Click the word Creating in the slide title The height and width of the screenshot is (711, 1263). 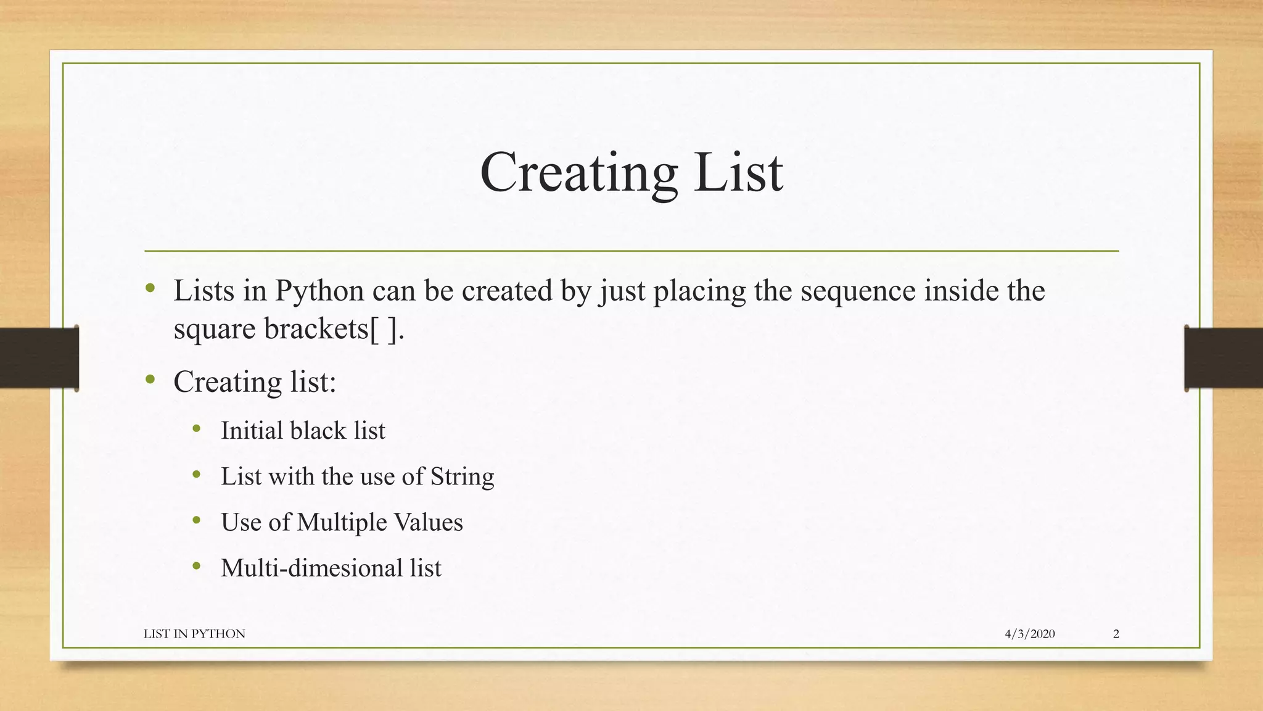(578, 173)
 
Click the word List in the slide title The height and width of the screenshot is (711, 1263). (738, 173)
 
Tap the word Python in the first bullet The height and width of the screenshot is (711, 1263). (319, 291)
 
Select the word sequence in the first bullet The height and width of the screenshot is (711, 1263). (858, 291)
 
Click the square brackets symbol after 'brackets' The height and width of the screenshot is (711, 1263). (384, 329)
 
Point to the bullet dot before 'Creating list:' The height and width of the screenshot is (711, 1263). (150, 380)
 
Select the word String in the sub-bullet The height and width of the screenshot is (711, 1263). (462, 476)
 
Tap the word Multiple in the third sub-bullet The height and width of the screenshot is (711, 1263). (341, 522)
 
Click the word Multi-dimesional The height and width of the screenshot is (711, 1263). (311, 568)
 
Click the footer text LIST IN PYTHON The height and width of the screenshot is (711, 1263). (194, 634)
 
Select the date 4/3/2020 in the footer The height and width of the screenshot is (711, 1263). (1029, 634)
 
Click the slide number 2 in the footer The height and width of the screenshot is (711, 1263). (1116, 634)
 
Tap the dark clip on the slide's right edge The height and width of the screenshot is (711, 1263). (1223, 358)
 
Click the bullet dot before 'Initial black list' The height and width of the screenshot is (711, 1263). (197, 429)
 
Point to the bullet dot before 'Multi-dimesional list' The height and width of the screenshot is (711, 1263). (197, 566)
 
